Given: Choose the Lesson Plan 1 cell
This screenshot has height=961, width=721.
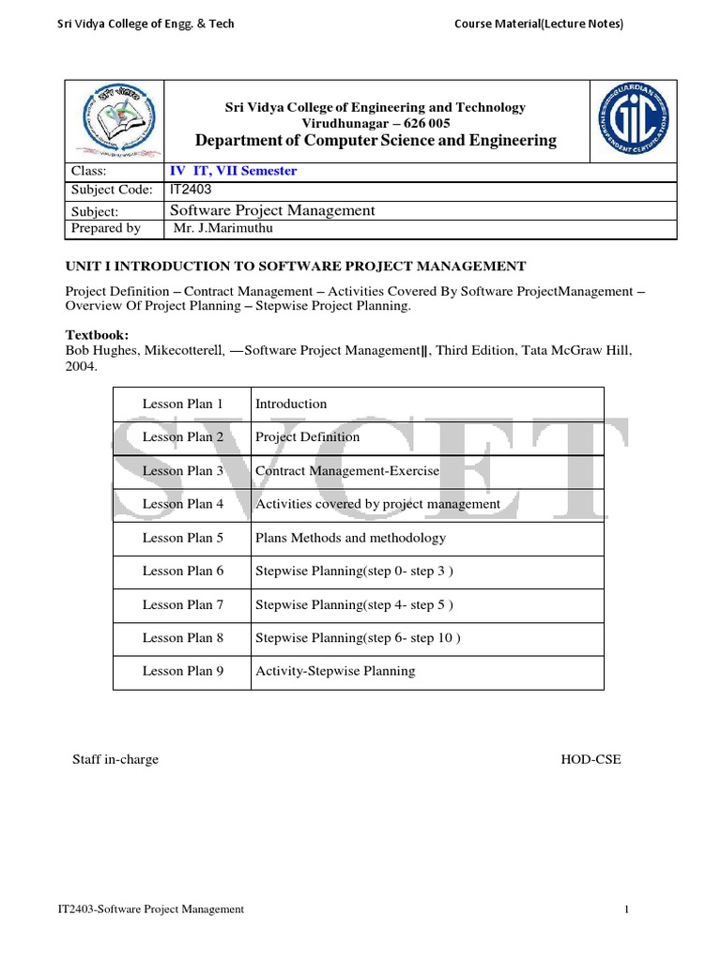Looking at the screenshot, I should [182, 404].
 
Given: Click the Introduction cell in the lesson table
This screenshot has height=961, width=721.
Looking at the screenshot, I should [291, 404].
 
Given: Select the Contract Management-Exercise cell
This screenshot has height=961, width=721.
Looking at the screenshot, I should [347, 470].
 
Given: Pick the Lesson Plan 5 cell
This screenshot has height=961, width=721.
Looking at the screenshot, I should [182, 538].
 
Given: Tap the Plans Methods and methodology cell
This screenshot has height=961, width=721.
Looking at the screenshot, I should [350, 538].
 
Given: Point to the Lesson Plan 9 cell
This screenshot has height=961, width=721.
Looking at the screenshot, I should [182, 671].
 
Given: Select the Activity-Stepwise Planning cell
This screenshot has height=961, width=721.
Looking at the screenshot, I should [335, 671].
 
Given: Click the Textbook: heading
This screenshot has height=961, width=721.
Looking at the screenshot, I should [97, 334].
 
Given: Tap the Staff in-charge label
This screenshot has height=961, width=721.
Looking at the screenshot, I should [115, 759].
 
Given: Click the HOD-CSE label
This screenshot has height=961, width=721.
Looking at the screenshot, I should [591, 759].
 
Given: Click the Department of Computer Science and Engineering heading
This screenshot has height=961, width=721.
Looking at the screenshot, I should [375, 141].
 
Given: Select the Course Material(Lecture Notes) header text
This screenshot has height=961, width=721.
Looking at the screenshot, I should [539, 24].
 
